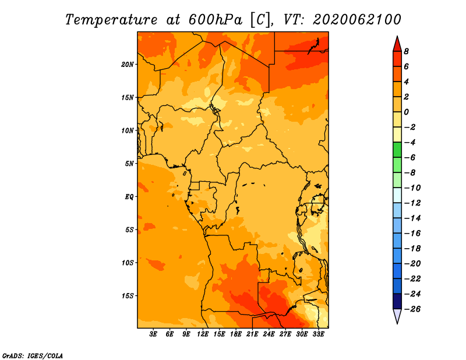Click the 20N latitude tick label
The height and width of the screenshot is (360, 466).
[x=127, y=65]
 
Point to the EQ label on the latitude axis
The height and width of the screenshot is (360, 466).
[x=129, y=197]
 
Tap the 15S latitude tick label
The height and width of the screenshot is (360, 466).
[x=128, y=296]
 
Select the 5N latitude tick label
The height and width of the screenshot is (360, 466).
[x=129, y=164]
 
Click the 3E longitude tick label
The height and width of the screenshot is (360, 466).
[x=153, y=334]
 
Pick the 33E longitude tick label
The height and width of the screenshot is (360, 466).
[x=318, y=334]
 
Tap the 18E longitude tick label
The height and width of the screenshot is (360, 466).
[x=236, y=334]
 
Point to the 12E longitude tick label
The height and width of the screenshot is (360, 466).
[x=203, y=334]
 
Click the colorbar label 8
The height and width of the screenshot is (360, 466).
[x=406, y=51]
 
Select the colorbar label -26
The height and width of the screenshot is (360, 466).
[x=412, y=309]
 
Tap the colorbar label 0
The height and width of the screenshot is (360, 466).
[x=406, y=112]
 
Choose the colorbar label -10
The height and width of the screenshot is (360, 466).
[x=412, y=188]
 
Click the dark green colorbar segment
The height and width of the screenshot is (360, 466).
[x=397, y=150]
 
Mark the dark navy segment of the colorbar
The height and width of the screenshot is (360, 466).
[x=397, y=301]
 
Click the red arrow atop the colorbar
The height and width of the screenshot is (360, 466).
[x=397, y=44]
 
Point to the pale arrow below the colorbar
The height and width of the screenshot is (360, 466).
[x=397, y=316]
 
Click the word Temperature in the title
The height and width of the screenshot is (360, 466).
[x=111, y=20]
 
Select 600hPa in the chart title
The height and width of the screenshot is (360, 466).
[x=216, y=20]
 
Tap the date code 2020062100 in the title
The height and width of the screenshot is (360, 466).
[x=357, y=20]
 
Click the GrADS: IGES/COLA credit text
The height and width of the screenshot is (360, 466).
[x=33, y=355]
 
